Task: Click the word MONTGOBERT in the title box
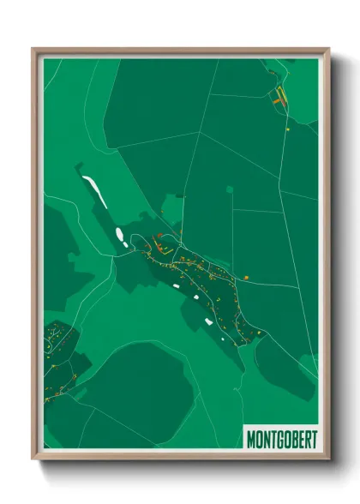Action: (x=281, y=440)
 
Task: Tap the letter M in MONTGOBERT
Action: (x=252, y=440)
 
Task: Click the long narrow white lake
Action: (x=94, y=191)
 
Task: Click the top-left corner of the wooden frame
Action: (x=33, y=49)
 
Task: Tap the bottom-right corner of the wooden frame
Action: (x=329, y=459)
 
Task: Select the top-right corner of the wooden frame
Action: (x=329, y=49)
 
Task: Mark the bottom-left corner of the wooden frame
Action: (x=33, y=459)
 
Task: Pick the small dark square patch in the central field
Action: (x=229, y=189)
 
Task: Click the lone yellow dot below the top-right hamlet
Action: (x=288, y=129)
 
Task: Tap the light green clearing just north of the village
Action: (x=172, y=209)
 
